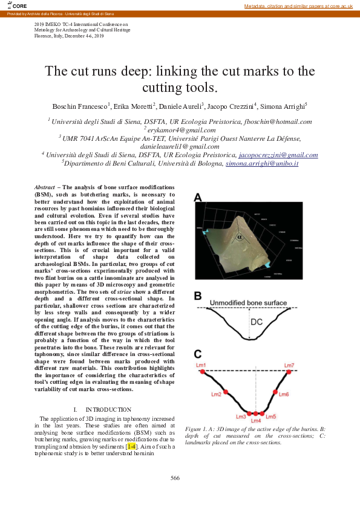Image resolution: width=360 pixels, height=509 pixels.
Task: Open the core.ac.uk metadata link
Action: click(x=298, y=5)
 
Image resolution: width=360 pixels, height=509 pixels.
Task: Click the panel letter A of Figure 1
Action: click(x=198, y=196)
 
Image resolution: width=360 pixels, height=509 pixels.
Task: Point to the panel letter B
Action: click(x=198, y=296)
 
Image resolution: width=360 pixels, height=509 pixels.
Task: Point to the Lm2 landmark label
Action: click(x=216, y=394)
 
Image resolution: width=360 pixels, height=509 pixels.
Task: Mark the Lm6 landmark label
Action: click(x=284, y=394)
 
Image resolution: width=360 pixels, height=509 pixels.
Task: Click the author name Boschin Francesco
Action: click(x=80, y=106)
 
